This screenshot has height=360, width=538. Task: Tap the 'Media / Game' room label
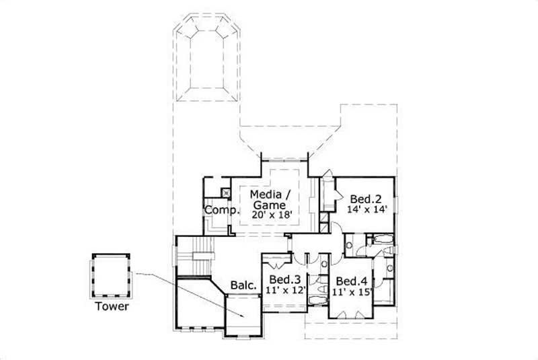pos(269,200)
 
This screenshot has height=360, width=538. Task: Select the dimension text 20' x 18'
pos(270,215)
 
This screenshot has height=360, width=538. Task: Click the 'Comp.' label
pos(221,209)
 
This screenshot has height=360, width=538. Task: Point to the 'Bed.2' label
pos(366,199)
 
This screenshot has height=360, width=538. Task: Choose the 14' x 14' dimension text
pos(366,209)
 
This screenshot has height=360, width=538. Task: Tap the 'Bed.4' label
pos(350,281)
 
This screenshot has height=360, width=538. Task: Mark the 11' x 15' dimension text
pos(350,292)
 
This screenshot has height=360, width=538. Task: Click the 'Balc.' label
pos(243,285)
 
